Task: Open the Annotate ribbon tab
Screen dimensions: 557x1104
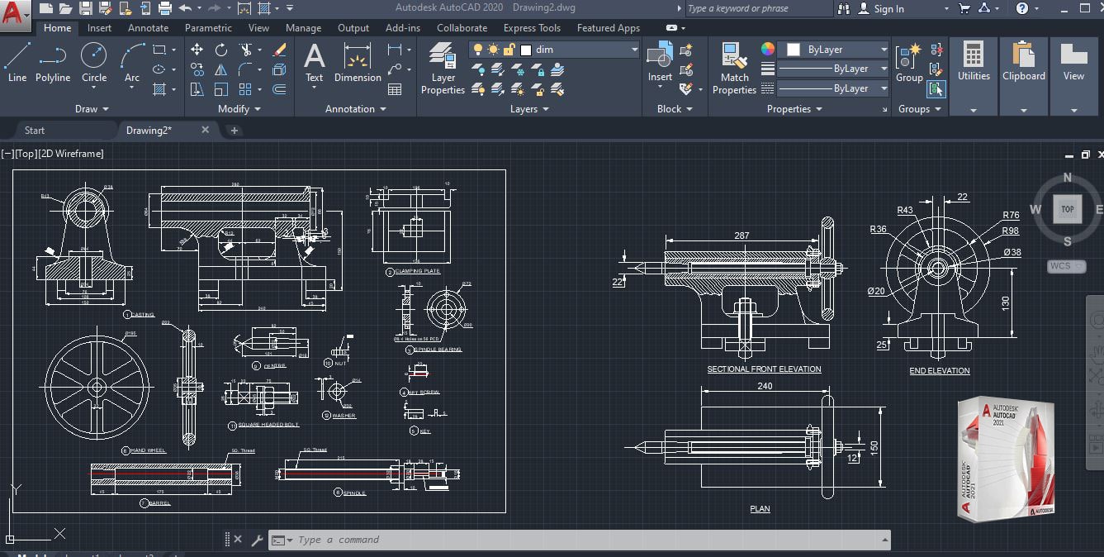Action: [148, 28]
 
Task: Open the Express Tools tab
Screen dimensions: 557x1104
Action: [532, 28]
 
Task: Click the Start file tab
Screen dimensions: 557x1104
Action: [35, 131]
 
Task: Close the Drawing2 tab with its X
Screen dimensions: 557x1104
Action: [206, 131]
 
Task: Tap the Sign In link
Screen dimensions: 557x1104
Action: [888, 9]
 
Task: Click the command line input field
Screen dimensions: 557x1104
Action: [578, 540]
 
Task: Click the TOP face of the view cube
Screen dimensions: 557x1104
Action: [1067, 209]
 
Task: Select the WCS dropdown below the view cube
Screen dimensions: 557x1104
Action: [1066, 266]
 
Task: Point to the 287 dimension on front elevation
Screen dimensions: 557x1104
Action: [742, 236]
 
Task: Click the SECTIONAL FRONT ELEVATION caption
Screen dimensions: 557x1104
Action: [764, 369]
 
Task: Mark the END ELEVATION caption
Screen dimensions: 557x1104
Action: [940, 371]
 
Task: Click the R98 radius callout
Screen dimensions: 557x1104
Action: [1011, 231]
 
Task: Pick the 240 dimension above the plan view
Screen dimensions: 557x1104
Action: [765, 386]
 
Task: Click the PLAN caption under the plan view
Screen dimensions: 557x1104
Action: [760, 509]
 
